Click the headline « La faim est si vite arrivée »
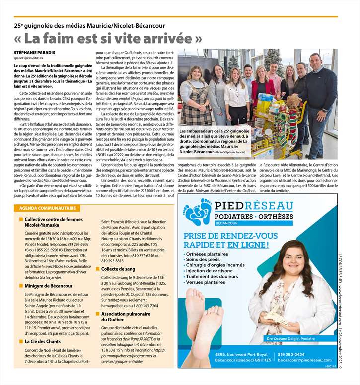click(x=108, y=38)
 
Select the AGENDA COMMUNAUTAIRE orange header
click(x=45, y=208)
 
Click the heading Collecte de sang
click(x=118, y=268)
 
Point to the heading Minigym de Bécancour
click(x=49, y=286)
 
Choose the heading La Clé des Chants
click(x=43, y=341)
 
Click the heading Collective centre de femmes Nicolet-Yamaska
click(x=54, y=222)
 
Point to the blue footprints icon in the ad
click(x=197, y=212)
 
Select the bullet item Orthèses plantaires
click(x=208, y=254)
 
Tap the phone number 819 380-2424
click(x=291, y=354)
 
